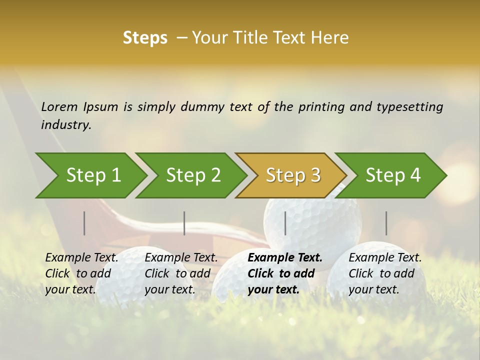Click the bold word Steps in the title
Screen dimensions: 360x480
[145, 38]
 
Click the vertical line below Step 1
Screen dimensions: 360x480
[84, 223]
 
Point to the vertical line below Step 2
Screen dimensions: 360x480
[184, 223]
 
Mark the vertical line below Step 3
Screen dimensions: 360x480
[285, 223]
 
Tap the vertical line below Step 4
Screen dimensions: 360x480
[386, 223]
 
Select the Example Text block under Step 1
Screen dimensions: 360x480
[81, 273]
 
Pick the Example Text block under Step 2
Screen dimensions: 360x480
[181, 273]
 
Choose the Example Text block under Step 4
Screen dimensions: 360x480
[384, 273]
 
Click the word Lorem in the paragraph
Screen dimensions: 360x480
[59, 107]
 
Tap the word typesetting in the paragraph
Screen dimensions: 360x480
[409, 107]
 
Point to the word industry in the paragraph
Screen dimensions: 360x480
[66, 125]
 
